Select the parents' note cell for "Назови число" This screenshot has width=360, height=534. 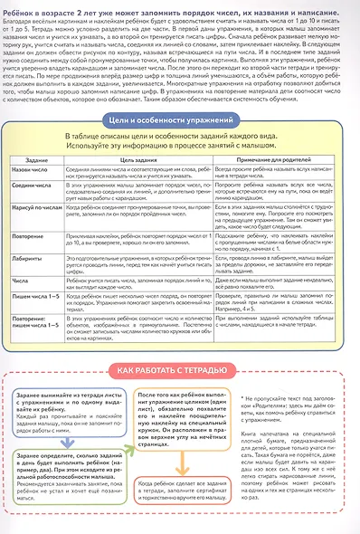click(x=272, y=172)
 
